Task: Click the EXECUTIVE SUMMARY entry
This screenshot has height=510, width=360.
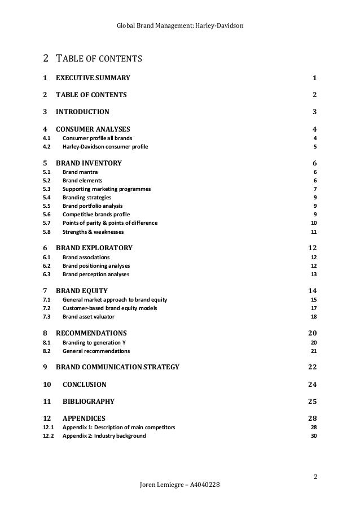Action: [x=93, y=78]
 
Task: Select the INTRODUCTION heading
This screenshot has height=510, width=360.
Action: [x=83, y=111]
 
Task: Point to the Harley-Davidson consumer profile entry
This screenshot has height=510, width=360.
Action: [x=106, y=147]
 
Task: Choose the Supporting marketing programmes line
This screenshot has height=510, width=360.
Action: [x=107, y=189]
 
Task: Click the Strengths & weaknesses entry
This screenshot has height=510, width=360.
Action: [x=93, y=232]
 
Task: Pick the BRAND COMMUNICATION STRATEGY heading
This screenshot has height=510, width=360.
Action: [x=118, y=367]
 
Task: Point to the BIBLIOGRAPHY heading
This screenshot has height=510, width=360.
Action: [x=89, y=402]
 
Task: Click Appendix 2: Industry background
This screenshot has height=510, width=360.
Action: [x=104, y=436]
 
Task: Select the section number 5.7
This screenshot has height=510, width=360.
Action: [x=47, y=223]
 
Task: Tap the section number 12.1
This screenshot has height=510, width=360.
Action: [x=48, y=428]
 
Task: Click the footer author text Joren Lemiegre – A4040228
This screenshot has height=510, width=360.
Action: [x=180, y=486]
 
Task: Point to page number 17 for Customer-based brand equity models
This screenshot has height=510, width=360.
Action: [x=314, y=308]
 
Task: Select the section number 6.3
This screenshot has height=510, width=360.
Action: [x=47, y=274]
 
